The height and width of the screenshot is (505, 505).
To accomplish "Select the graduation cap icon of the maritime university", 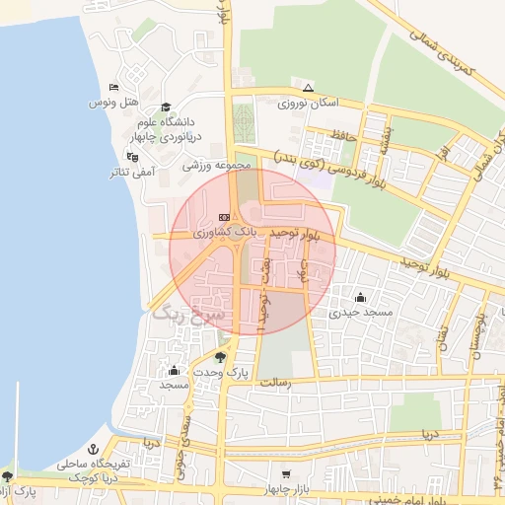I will coord(166,107).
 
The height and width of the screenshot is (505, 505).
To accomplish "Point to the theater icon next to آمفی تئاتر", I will coord(131,156).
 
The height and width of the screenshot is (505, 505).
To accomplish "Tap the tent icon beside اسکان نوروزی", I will coord(308,87).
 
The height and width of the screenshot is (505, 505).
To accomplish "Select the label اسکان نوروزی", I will coord(308,103).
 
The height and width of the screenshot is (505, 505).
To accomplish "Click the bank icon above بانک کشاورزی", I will coord(224,216).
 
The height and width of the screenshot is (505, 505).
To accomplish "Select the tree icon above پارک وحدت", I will coord(219,357).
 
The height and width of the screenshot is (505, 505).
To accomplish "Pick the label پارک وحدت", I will coord(219,373).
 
